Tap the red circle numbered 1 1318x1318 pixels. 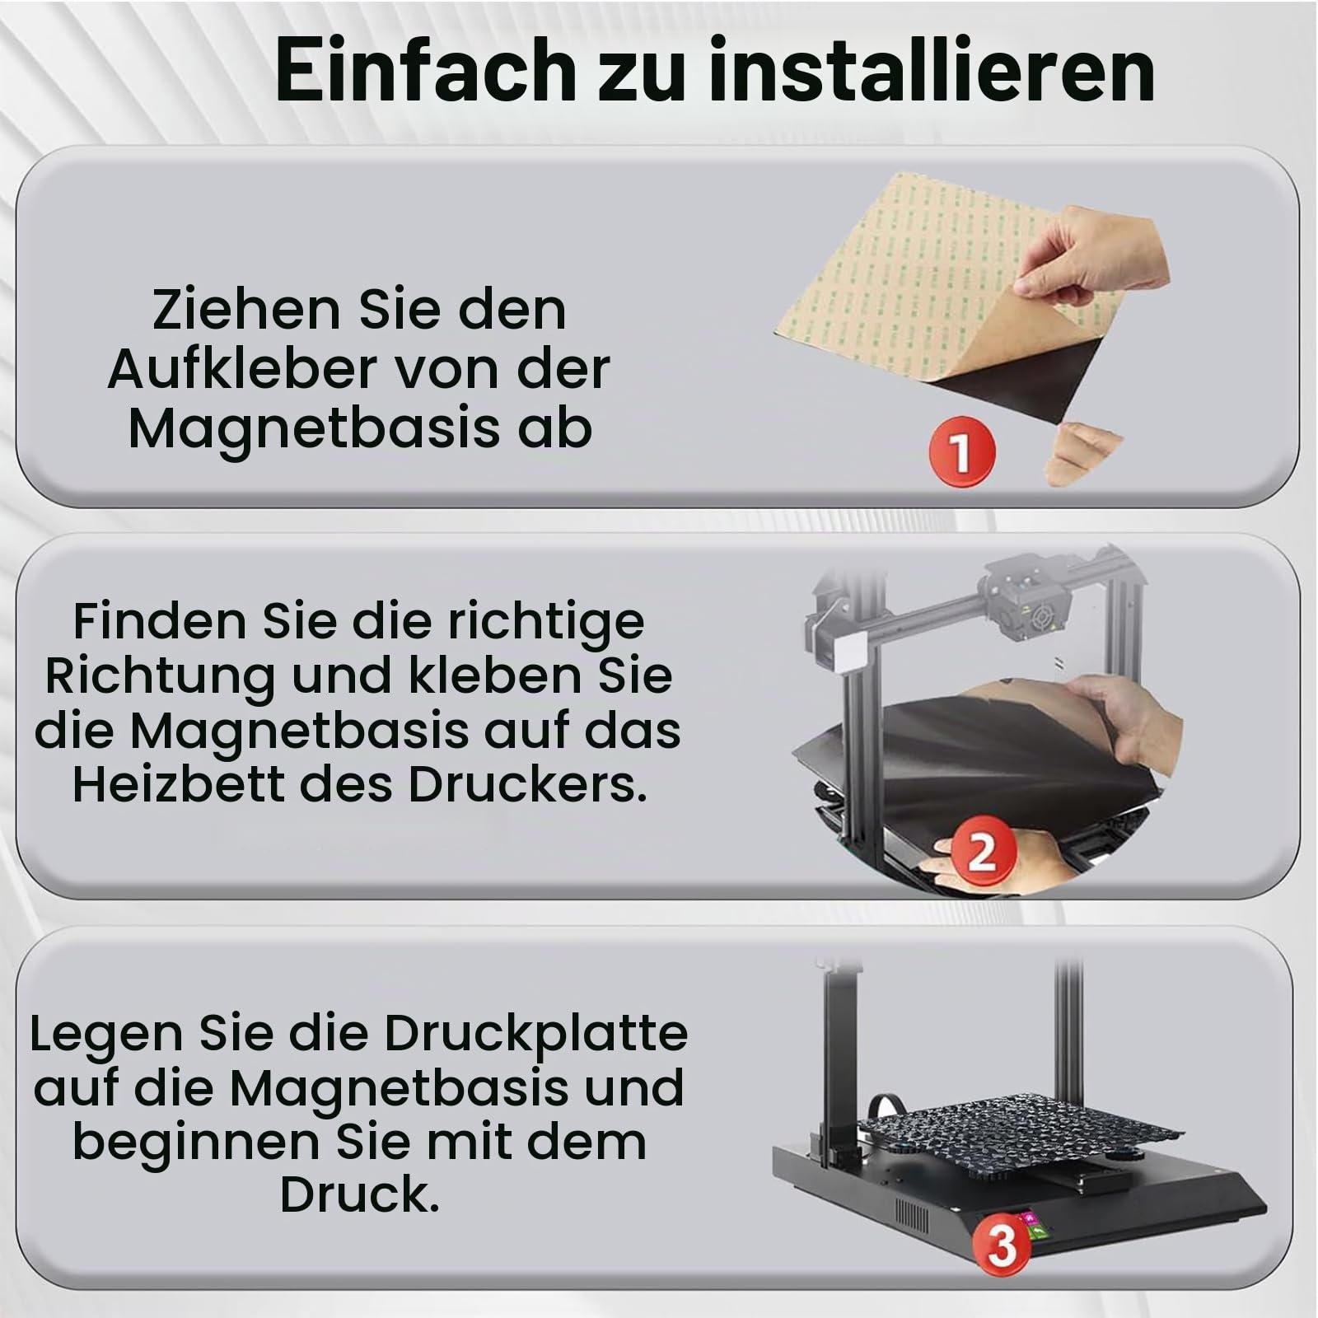[x=961, y=451]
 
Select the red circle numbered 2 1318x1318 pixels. [x=980, y=852]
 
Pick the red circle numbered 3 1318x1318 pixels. [x=1001, y=1246]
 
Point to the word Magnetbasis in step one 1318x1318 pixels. [x=314, y=428]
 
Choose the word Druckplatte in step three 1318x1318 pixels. [x=536, y=1035]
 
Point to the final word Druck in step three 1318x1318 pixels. [x=359, y=1195]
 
